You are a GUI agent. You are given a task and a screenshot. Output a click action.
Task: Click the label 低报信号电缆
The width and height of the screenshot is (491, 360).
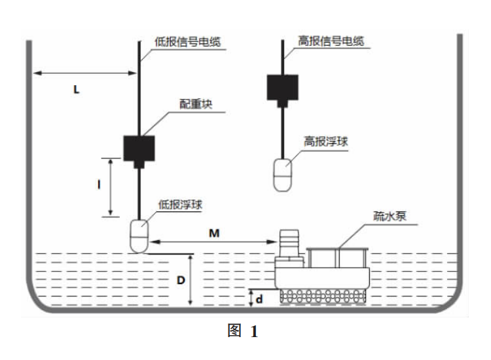tap(189, 41)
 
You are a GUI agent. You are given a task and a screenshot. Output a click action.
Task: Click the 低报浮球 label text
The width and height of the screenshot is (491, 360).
tap(180, 204)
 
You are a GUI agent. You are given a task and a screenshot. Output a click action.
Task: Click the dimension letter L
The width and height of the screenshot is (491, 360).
tap(76, 90)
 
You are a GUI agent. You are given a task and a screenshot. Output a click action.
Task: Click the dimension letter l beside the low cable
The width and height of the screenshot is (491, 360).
tap(99, 186)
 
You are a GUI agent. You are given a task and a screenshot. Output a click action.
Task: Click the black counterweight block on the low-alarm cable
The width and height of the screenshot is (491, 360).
tap(139, 149)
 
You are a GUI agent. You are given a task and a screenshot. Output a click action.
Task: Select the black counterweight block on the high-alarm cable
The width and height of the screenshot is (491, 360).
tap(282, 87)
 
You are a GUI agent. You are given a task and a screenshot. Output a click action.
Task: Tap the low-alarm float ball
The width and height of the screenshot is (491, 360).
tap(139, 236)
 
